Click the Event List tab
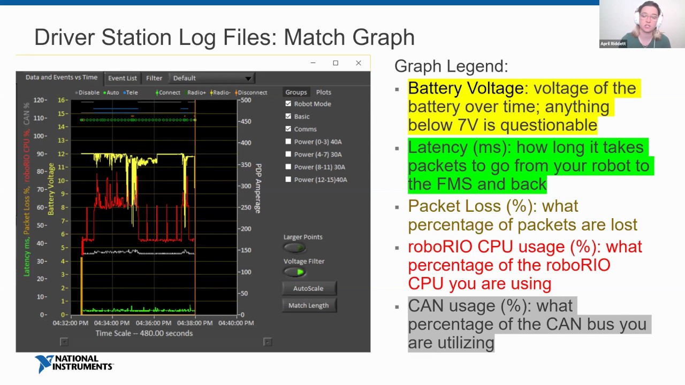point(123,78)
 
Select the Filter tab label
point(154,78)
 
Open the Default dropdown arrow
point(248,79)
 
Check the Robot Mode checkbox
point(288,104)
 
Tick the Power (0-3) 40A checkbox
point(288,142)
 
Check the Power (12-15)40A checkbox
point(288,180)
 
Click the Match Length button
point(308,305)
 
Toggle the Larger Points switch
point(294,248)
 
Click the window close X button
point(358,63)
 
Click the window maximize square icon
point(336,63)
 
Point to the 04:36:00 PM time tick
point(153,323)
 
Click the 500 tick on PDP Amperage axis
point(246,100)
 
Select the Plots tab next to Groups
point(323,93)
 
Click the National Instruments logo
point(74,364)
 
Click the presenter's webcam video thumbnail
point(642,24)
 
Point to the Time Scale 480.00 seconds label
point(144,333)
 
